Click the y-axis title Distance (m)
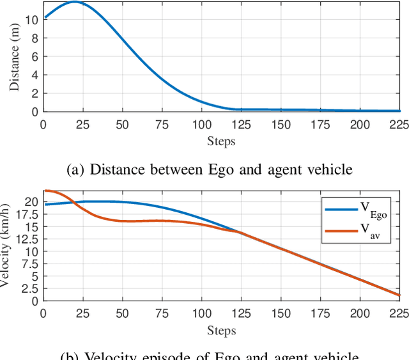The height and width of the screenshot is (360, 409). pos(15,57)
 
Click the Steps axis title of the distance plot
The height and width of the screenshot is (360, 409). pos(221,141)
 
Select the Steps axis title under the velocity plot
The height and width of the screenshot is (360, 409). pos(221,331)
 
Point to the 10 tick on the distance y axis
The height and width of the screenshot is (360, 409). pos(32,19)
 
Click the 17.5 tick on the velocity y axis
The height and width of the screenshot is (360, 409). pos(27,214)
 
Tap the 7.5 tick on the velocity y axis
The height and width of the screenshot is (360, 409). pos(30,264)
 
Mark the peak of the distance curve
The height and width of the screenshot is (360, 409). pos(75,2)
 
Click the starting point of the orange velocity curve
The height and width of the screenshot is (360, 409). pos(43,191)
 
